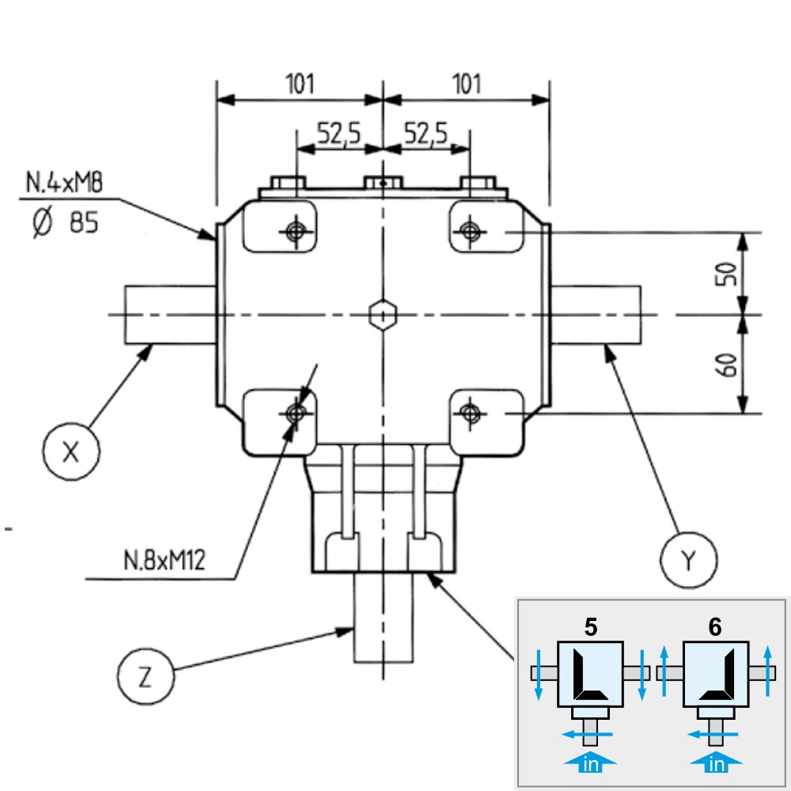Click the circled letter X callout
(71, 451)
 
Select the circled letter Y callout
(689, 560)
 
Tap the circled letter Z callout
(146, 676)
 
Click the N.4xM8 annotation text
(64, 182)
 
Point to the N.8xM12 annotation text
(165, 560)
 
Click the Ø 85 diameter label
(65, 222)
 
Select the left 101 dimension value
(300, 84)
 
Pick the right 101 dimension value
(466, 84)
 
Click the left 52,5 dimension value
(339, 134)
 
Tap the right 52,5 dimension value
(426, 134)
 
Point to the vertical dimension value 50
(726, 274)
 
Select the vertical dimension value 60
(726, 364)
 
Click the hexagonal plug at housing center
(383, 315)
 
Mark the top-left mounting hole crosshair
(296, 232)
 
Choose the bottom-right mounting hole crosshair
(470, 414)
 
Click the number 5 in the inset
(591, 627)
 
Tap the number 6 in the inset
(715, 627)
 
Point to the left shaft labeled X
(171, 315)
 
